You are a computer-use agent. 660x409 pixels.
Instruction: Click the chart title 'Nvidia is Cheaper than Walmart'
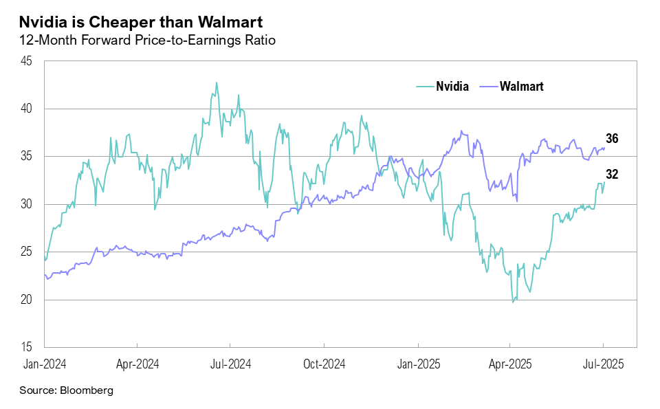click(141, 22)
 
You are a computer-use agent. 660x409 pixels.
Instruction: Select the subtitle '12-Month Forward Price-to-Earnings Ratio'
click(148, 41)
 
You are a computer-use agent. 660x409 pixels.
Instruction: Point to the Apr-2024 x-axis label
click(137, 364)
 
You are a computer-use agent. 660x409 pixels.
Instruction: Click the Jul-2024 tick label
click(230, 364)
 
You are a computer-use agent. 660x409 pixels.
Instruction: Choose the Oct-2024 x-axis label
click(324, 364)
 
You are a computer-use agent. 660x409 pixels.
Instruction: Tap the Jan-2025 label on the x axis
click(418, 364)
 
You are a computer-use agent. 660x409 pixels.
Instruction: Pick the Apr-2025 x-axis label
click(509, 364)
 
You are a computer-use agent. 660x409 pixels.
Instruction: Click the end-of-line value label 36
click(612, 139)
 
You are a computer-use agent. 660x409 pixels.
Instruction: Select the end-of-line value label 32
click(612, 175)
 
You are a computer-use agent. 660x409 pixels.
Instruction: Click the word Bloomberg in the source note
click(87, 390)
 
